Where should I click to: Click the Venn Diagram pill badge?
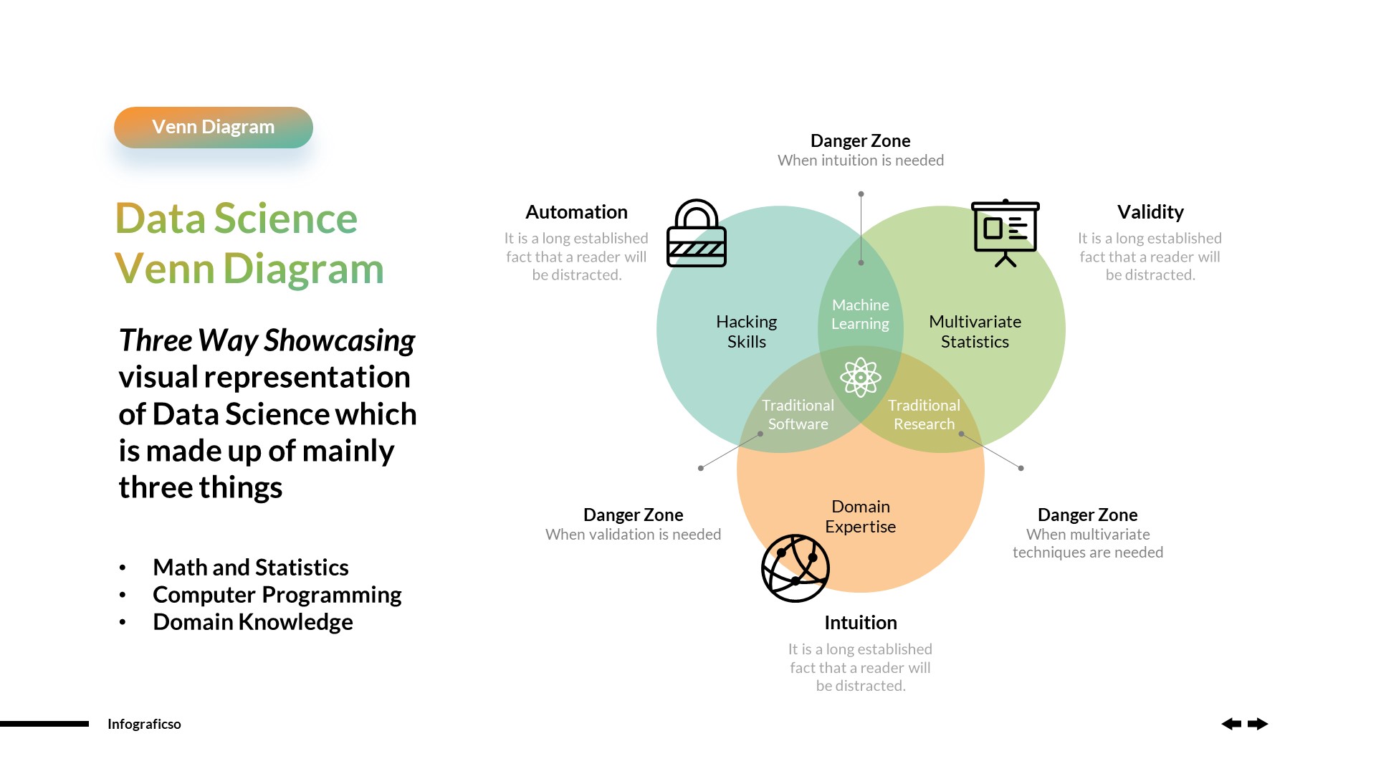point(213,128)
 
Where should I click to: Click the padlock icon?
point(696,234)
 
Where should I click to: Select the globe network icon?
point(795,568)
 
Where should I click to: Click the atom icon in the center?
point(860,377)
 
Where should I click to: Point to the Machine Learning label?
point(860,315)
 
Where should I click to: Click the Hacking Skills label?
point(746,332)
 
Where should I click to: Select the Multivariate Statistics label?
point(975,332)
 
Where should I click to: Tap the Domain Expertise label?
point(860,517)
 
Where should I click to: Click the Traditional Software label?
point(798,415)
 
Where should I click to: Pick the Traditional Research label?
point(924,415)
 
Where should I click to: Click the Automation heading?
point(576,212)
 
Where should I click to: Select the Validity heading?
point(1150,212)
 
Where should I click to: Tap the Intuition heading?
point(860,623)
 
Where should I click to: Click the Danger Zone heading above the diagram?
point(860,141)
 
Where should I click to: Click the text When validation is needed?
point(633,535)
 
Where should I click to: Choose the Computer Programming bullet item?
point(277,595)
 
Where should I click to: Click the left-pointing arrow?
point(1231,724)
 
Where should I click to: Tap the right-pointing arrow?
point(1258,724)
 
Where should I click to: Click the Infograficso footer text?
point(144,724)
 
